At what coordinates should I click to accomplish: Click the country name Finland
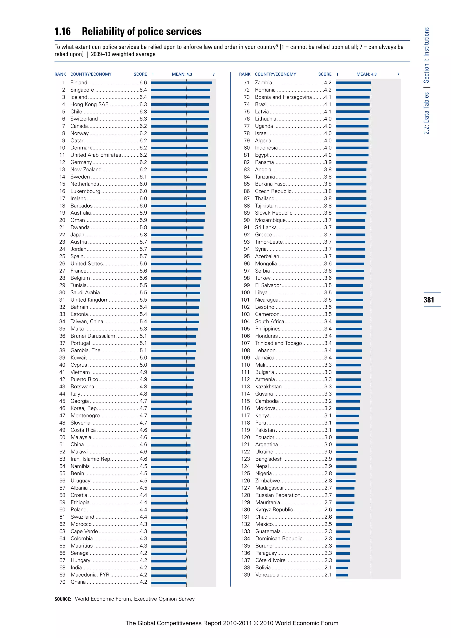point(79,83)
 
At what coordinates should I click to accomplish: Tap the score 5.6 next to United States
point(143,264)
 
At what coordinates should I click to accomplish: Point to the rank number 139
point(246,575)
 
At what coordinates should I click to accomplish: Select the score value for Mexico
point(328,524)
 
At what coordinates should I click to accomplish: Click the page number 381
point(429,300)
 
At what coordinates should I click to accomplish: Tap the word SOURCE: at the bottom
point(63,599)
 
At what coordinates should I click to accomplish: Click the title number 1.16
point(63,32)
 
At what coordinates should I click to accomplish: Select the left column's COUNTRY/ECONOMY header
point(91,74)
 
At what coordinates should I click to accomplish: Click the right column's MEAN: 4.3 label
point(367,74)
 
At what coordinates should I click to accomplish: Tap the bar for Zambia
point(353,83)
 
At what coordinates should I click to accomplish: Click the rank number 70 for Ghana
point(63,582)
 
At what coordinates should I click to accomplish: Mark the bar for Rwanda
point(177,228)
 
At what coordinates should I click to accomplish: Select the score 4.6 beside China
point(143,445)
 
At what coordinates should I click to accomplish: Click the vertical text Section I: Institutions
point(426,55)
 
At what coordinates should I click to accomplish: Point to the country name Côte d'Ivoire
point(270,560)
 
